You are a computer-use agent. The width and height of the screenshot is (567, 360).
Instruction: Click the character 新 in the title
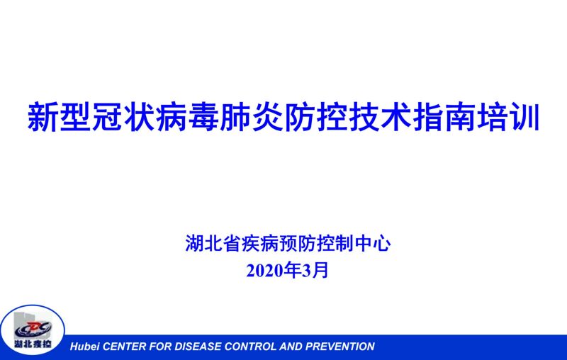click(x=43, y=117)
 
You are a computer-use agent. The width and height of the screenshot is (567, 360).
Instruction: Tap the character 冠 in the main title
click(x=108, y=117)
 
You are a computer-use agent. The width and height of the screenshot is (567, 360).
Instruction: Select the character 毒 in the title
click(x=203, y=117)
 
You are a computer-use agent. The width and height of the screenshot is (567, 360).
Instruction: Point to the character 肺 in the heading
click(x=235, y=117)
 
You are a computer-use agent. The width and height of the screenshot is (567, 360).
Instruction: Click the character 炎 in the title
click(x=268, y=117)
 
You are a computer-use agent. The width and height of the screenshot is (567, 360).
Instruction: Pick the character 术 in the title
click(x=396, y=117)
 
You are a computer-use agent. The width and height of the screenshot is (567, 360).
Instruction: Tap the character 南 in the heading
click(x=460, y=117)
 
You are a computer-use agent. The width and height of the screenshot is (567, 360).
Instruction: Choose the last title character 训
click(x=524, y=117)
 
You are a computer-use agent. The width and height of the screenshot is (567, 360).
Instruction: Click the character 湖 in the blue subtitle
click(x=194, y=243)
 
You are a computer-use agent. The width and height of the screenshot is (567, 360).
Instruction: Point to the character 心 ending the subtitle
click(x=382, y=243)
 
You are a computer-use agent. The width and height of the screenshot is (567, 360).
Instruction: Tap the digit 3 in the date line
click(x=307, y=271)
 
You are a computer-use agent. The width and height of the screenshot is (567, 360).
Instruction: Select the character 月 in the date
click(x=320, y=270)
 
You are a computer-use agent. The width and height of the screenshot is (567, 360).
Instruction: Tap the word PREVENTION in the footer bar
click(x=340, y=347)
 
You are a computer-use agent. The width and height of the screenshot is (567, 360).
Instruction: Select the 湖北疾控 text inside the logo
click(x=33, y=344)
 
